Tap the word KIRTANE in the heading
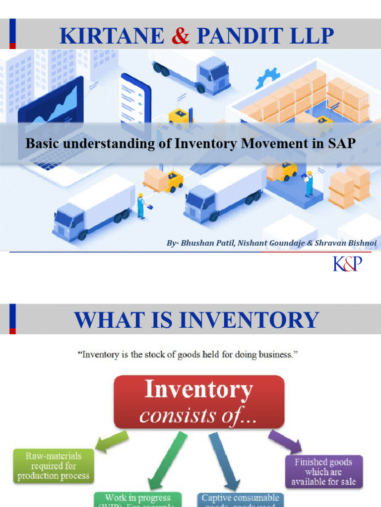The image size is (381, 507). click(x=112, y=36)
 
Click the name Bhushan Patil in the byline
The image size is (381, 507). click(x=204, y=244)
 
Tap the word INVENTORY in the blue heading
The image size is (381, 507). click(x=248, y=319)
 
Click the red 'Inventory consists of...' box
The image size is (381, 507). click(x=199, y=402)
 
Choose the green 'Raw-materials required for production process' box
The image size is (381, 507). click(x=54, y=465)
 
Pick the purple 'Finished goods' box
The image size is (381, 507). click(x=323, y=471)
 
